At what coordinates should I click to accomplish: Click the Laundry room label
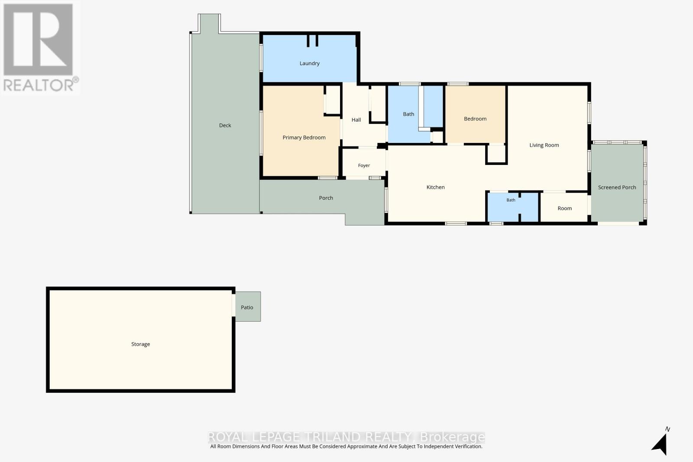309,63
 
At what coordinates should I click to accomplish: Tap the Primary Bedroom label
304,138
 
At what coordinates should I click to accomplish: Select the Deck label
225,125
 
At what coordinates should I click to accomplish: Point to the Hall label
356,120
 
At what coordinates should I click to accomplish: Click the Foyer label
364,165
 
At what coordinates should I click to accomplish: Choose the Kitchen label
435,187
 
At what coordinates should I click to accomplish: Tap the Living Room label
544,145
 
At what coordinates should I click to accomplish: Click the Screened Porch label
617,187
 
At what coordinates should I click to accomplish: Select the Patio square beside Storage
248,307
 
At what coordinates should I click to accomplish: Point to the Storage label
140,344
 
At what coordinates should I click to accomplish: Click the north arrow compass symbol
660,443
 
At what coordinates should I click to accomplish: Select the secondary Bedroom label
475,119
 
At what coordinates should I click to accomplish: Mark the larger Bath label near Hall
408,114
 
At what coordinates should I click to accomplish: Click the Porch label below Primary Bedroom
326,198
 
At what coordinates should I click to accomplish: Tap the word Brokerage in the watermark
453,437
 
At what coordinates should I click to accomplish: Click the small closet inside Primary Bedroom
333,100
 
